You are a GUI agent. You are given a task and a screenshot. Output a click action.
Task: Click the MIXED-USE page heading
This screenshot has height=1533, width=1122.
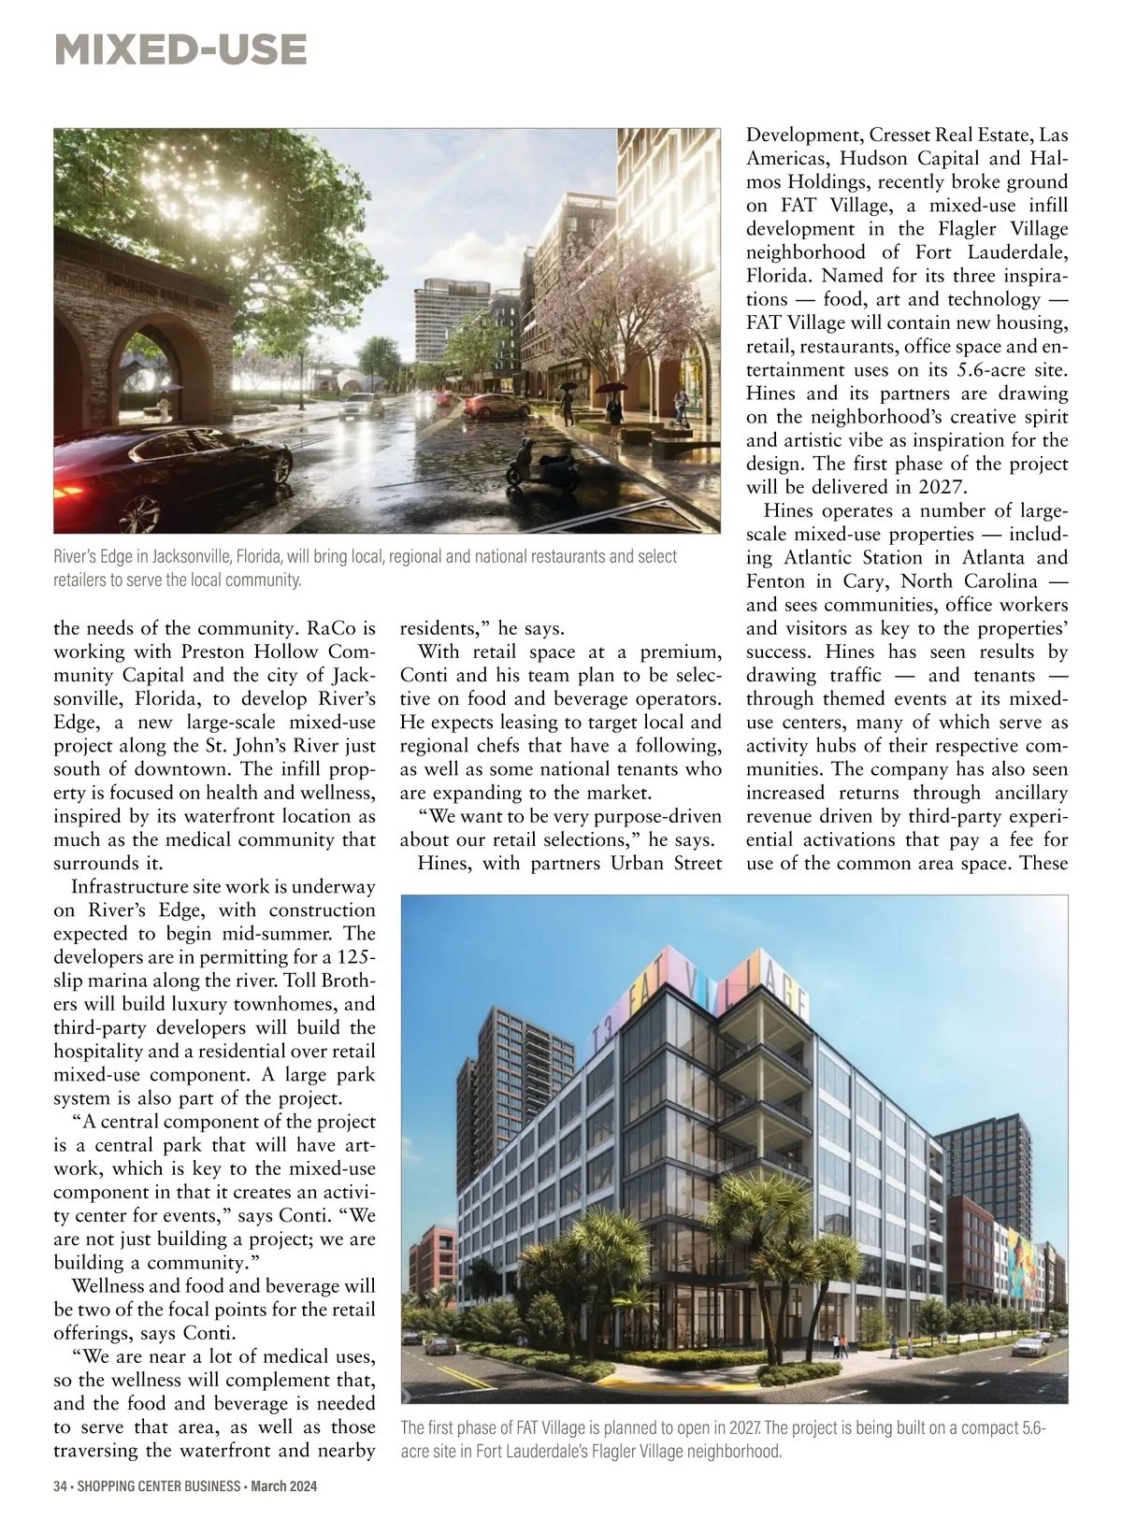click(x=180, y=50)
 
